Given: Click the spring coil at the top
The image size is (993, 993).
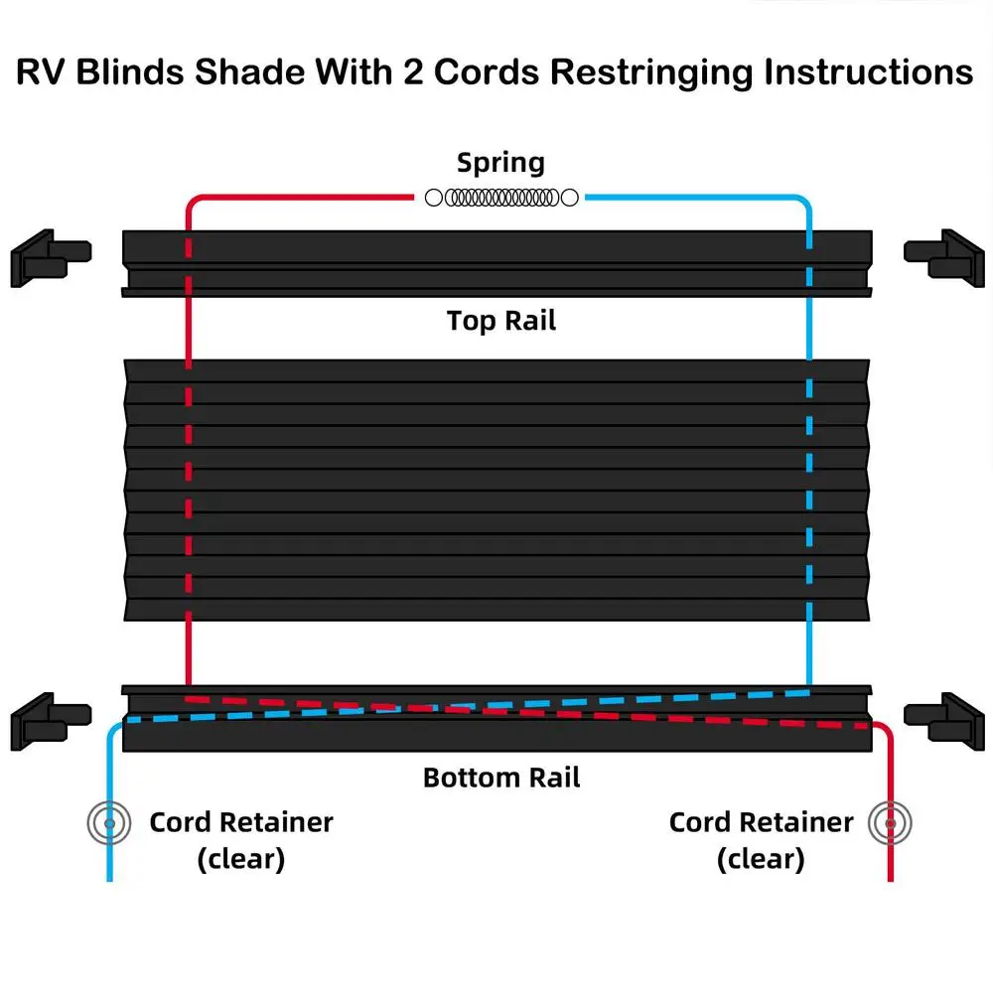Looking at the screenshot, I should pos(501,198).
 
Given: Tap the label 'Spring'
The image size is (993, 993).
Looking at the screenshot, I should pos(500,162).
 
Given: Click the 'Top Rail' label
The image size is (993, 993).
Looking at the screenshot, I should pos(500,321).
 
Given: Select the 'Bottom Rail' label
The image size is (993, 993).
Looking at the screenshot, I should pos(501,777).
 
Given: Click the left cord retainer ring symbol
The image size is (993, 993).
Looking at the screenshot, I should pos(108,822).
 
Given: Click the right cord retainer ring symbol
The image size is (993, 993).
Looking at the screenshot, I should pos(891,822).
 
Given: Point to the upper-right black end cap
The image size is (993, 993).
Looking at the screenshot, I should pos(944,256).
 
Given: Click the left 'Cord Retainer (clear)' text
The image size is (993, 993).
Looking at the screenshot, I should pos(241,840).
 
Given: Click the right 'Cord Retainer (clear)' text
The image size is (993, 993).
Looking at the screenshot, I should pos(761,840).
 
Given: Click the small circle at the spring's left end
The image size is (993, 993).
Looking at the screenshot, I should pos(433,198).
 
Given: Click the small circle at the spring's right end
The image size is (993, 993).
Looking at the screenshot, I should pos(570,198).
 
